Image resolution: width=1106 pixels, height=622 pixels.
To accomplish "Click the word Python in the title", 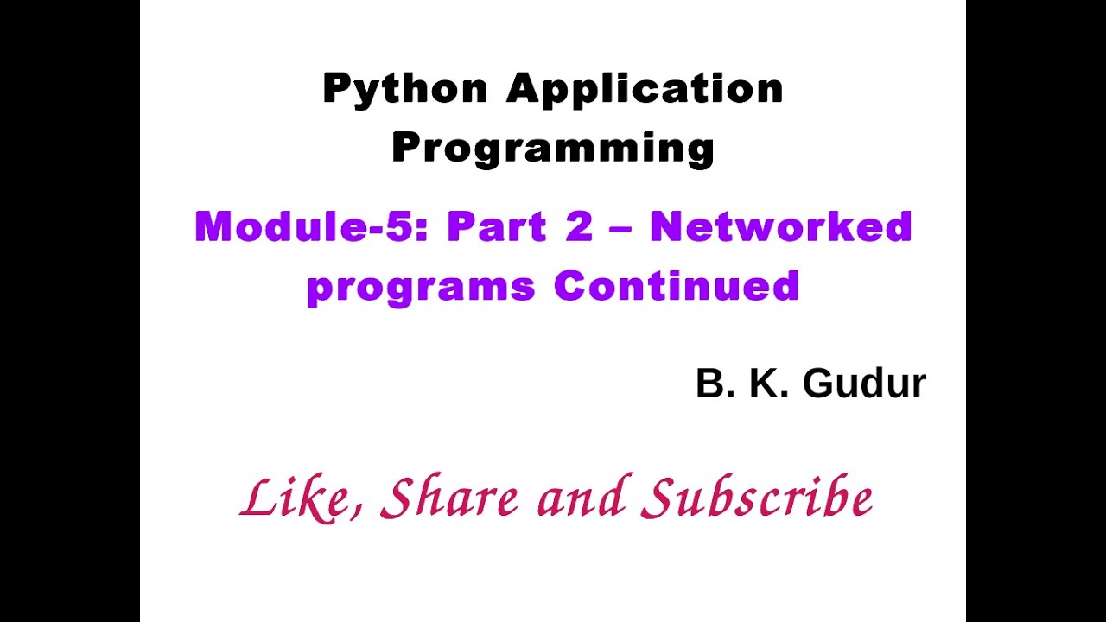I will point(404,89).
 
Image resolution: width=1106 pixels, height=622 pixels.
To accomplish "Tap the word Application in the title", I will point(645,89).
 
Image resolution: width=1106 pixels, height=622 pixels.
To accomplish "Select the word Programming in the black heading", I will point(553,148).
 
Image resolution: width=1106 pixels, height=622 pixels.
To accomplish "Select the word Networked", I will point(781,226).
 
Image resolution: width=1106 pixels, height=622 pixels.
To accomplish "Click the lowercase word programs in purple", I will point(421,286).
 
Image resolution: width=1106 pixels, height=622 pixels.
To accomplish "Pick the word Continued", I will point(677,285).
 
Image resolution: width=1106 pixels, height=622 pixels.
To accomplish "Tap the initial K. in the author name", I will point(768,384).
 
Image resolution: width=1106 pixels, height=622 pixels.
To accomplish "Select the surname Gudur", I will point(864,384).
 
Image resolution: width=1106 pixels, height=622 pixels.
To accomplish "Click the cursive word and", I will point(580,499).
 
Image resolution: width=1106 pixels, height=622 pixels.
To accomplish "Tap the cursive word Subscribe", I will point(760,499).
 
